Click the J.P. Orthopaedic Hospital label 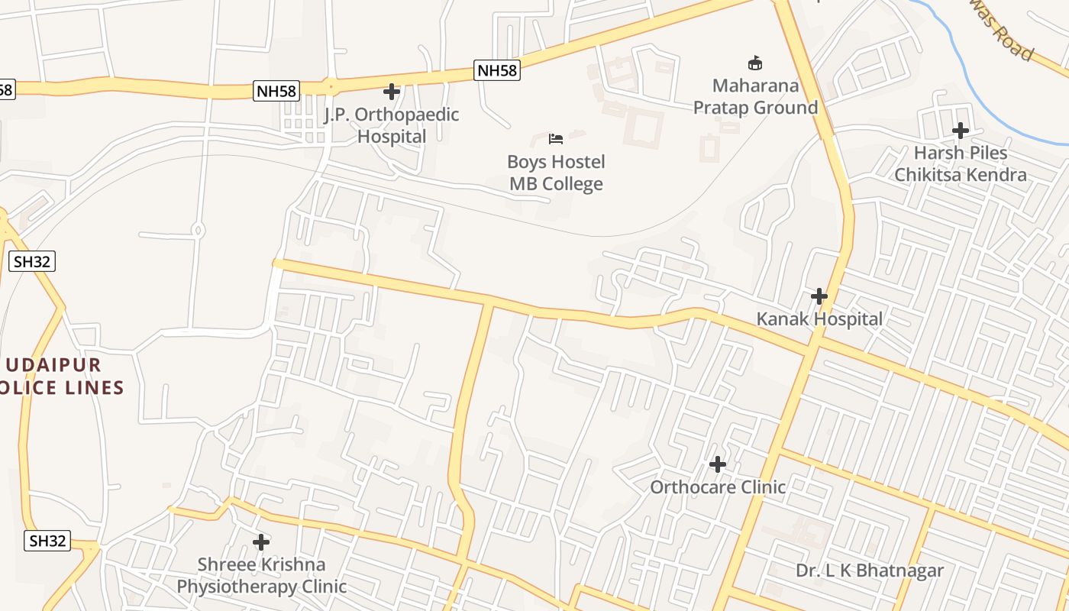pos(392,125)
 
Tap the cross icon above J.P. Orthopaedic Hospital pos(392,92)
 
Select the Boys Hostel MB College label pos(557,173)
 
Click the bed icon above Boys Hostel pos(556,139)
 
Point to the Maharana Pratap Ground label pos(755,96)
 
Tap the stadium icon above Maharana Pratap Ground pos(755,63)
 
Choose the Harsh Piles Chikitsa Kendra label pos(961,163)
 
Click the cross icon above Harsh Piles pos(961,131)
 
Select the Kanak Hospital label pos(819,318)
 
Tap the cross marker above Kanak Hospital pos(819,296)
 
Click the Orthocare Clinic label pos(718,487)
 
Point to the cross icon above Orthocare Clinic pos(718,464)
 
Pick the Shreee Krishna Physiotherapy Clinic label pos(262,575)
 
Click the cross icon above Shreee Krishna pos(261,542)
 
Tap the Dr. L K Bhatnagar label pos(870,571)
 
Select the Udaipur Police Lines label pos(61,376)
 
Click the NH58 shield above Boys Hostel pos(497,70)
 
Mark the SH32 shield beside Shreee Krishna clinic pos(47,541)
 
